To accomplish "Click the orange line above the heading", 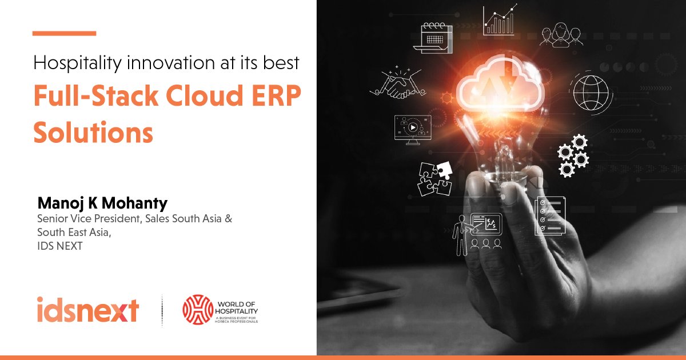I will tap(64, 33).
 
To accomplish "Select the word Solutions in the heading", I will tap(93, 132).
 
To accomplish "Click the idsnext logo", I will tap(87, 310).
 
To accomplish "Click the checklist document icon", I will tap(549, 217).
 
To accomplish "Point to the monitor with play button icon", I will tap(411, 130).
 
